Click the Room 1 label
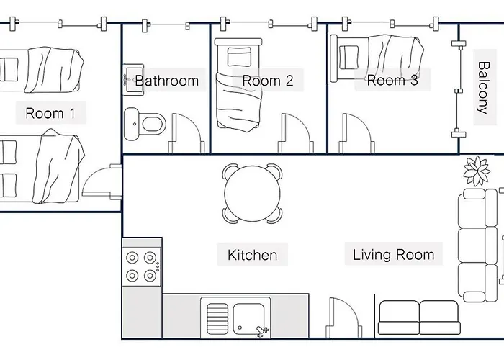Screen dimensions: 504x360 pos(50,113)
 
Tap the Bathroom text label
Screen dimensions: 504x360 pos(167,81)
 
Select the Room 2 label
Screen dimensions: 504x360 pos(268,81)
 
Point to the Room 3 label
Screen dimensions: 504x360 pos(392,80)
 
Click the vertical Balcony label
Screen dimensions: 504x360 pos(483,87)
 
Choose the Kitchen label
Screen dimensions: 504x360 pos(252,255)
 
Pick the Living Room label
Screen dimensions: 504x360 pos(393,255)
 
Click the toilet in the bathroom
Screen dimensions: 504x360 pos(145,124)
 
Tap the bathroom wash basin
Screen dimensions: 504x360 pos(133,80)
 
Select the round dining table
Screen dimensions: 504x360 pos(252,194)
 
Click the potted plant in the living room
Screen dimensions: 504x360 pos(477,171)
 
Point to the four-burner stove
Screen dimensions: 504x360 pos(141,266)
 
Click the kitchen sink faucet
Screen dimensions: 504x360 pos(262,330)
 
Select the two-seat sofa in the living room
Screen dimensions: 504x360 pos(419,318)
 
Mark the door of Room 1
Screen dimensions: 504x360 pos(102,181)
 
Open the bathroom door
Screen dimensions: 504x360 pos(186,133)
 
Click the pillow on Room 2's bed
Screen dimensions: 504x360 pos(239,57)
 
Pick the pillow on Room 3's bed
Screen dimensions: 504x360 pos(348,57)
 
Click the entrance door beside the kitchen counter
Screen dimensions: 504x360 pos(344,318)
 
